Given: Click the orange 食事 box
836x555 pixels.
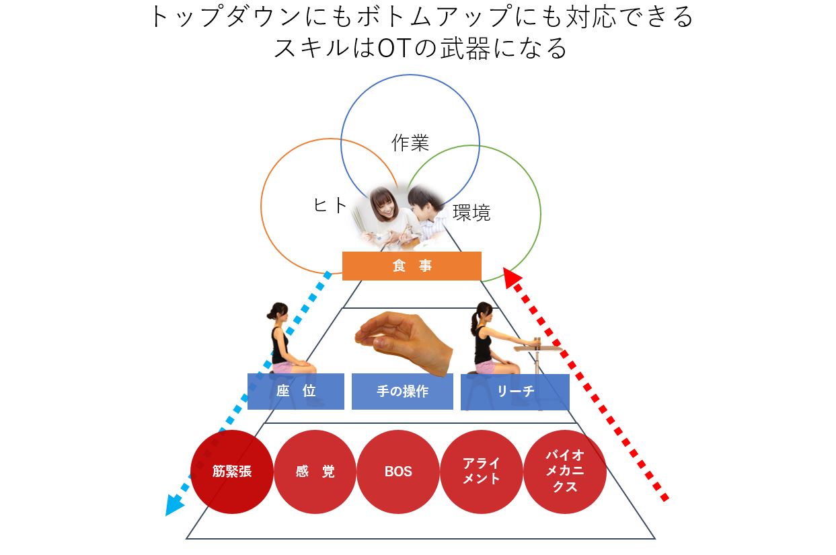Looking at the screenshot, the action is [x=412, y=266].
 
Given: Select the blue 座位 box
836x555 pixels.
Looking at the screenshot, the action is [x=295, y=391].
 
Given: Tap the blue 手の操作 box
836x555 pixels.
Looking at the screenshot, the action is [x=402, y=391].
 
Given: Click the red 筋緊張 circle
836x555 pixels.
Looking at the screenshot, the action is [x=232, y=472].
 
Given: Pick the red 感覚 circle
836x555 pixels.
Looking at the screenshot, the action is [x=315, y=472].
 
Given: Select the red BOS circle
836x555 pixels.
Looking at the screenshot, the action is [x=398, y=472].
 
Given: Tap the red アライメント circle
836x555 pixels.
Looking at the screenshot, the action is [x=482, y=472].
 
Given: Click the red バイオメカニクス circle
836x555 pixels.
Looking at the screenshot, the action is [x=565, y=472].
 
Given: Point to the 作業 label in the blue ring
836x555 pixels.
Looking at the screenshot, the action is [x=410, y=143].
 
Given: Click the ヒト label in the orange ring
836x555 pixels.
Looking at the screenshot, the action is [x=330, y=205].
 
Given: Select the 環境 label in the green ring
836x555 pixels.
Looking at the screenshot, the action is [x=471, y=213].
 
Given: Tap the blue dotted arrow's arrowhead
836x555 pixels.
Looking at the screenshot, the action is [x=174, y=505].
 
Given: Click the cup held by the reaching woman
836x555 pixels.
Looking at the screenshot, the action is [x=537, y=342].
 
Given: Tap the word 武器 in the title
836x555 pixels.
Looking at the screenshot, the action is [x=465, y=48].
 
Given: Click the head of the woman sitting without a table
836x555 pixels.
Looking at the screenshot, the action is [x=278, y=311].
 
